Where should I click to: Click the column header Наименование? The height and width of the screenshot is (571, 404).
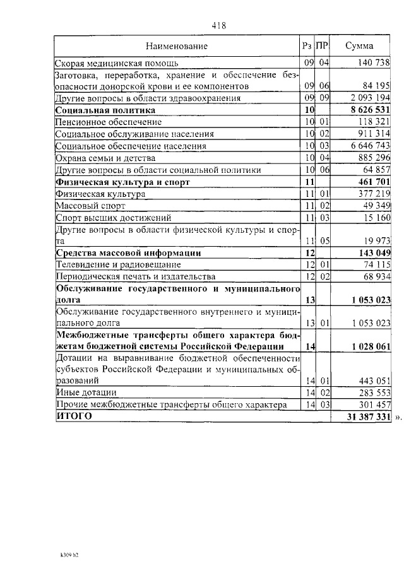tap(177, 46)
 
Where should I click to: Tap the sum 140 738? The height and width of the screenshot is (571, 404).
tap(374, 63)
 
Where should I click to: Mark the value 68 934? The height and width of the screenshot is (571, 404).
tap(376, 277)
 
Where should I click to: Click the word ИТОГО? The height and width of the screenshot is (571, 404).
tap(73, 416)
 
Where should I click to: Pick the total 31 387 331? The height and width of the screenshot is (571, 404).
tap(369, 417)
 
